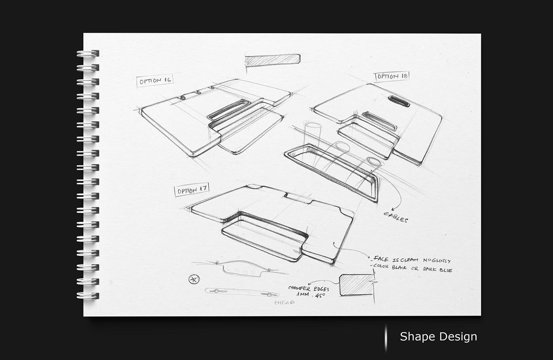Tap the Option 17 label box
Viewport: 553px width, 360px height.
click(x=192, y=190)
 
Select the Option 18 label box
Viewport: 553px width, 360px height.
click(x=391, y=76)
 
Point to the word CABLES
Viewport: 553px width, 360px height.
click(x=396, y=217)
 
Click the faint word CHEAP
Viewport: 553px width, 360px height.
click(x=284, y=302)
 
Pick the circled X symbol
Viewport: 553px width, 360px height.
click(x=194, y=279)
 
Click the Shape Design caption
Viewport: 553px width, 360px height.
click(x=438, y=337)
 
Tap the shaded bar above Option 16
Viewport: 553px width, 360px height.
click(x=273, y=59)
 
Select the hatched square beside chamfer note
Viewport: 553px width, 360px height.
click(x=357, y=285)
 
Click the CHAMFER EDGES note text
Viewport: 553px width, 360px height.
click(x=308, y=288)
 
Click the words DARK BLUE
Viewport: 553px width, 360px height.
click(x=437, y=270)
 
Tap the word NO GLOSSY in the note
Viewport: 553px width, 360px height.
click(x=437, y=261)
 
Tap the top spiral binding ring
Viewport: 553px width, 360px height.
click(x=88, y=53)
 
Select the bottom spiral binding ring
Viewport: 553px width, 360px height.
click(x=88, y=296)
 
